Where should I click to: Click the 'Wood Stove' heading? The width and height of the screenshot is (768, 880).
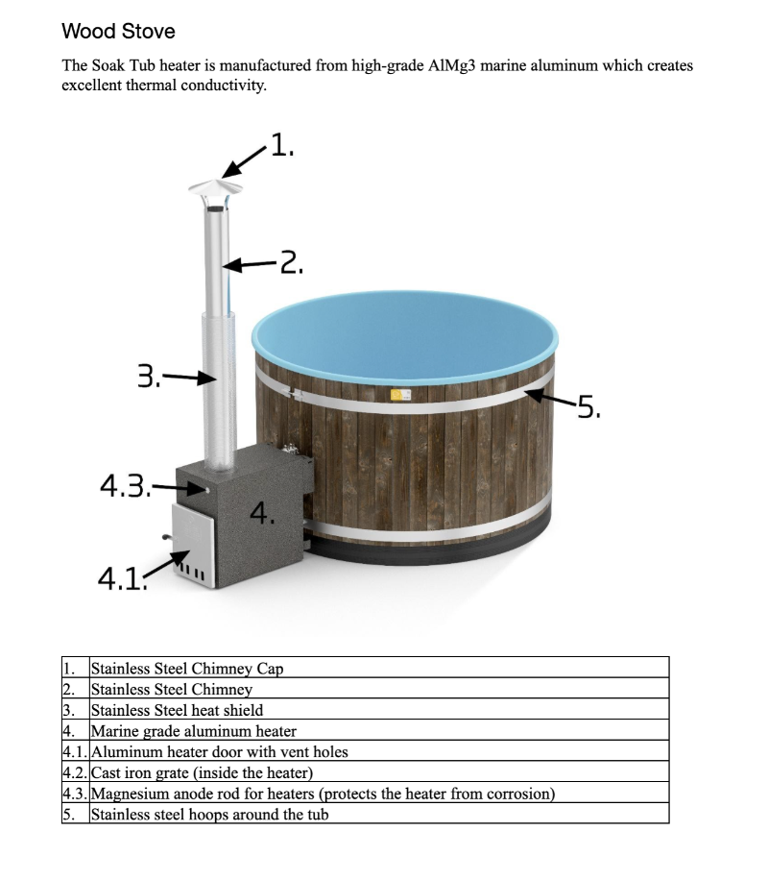(x=118, y=31)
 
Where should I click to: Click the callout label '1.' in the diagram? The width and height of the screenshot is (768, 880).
(x=282, y=146)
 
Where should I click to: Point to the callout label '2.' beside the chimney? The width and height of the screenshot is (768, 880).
(x=291, y=261)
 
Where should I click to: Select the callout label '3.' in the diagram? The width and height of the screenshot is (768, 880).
(x=149, y=376)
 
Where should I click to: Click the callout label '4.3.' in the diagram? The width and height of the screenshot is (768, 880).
(x=125, y=486)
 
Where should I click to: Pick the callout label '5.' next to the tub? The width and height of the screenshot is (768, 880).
(x=587, y=408)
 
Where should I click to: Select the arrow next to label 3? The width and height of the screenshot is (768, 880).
(x=188, y=378)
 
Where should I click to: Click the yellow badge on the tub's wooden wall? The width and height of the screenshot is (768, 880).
(x=396, y=395)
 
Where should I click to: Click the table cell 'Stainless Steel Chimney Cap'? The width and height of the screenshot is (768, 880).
(x=187, y=668)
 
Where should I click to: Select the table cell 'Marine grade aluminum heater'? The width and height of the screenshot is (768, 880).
(x=193, y=731)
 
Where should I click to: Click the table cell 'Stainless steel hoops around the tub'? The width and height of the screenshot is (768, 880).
(x=209, y=815)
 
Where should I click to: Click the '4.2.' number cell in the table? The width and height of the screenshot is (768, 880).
(x=75, y=772)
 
